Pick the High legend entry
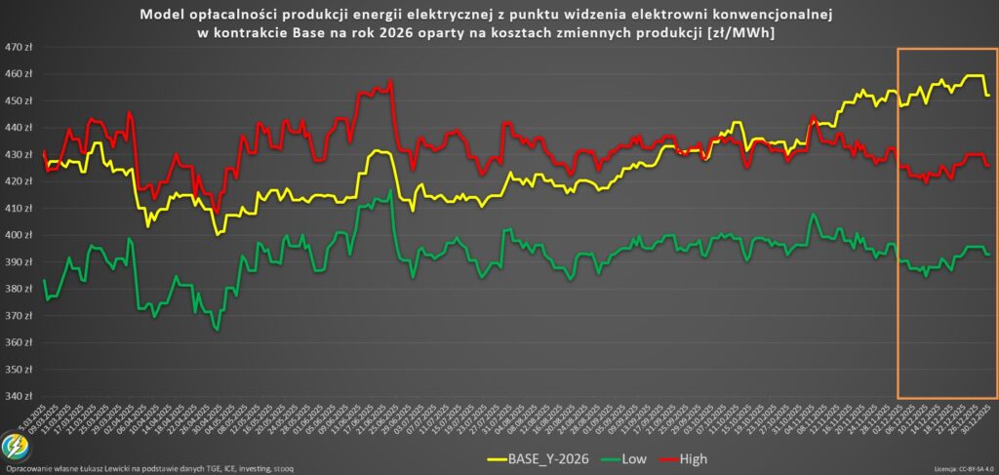click(692, 457)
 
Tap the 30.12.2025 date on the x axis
click(987, 415)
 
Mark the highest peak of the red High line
click(390, 82)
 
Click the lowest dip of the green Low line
click(217, 330)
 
